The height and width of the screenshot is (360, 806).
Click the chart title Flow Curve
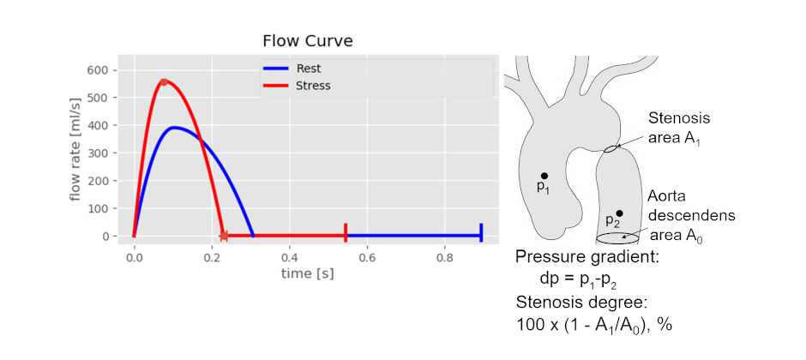pos(307,41)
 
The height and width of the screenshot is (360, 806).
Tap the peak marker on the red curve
pos(164,82)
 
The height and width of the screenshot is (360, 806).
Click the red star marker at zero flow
pos(224,235)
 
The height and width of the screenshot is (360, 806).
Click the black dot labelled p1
pos(544,176)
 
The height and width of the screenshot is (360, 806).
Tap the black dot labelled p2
pos(619,213)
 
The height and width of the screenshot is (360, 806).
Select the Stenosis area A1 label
pos(679,128)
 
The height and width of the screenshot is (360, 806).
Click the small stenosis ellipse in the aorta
pos(611,149)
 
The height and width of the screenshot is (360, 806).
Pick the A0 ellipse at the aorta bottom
pos(617,237)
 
